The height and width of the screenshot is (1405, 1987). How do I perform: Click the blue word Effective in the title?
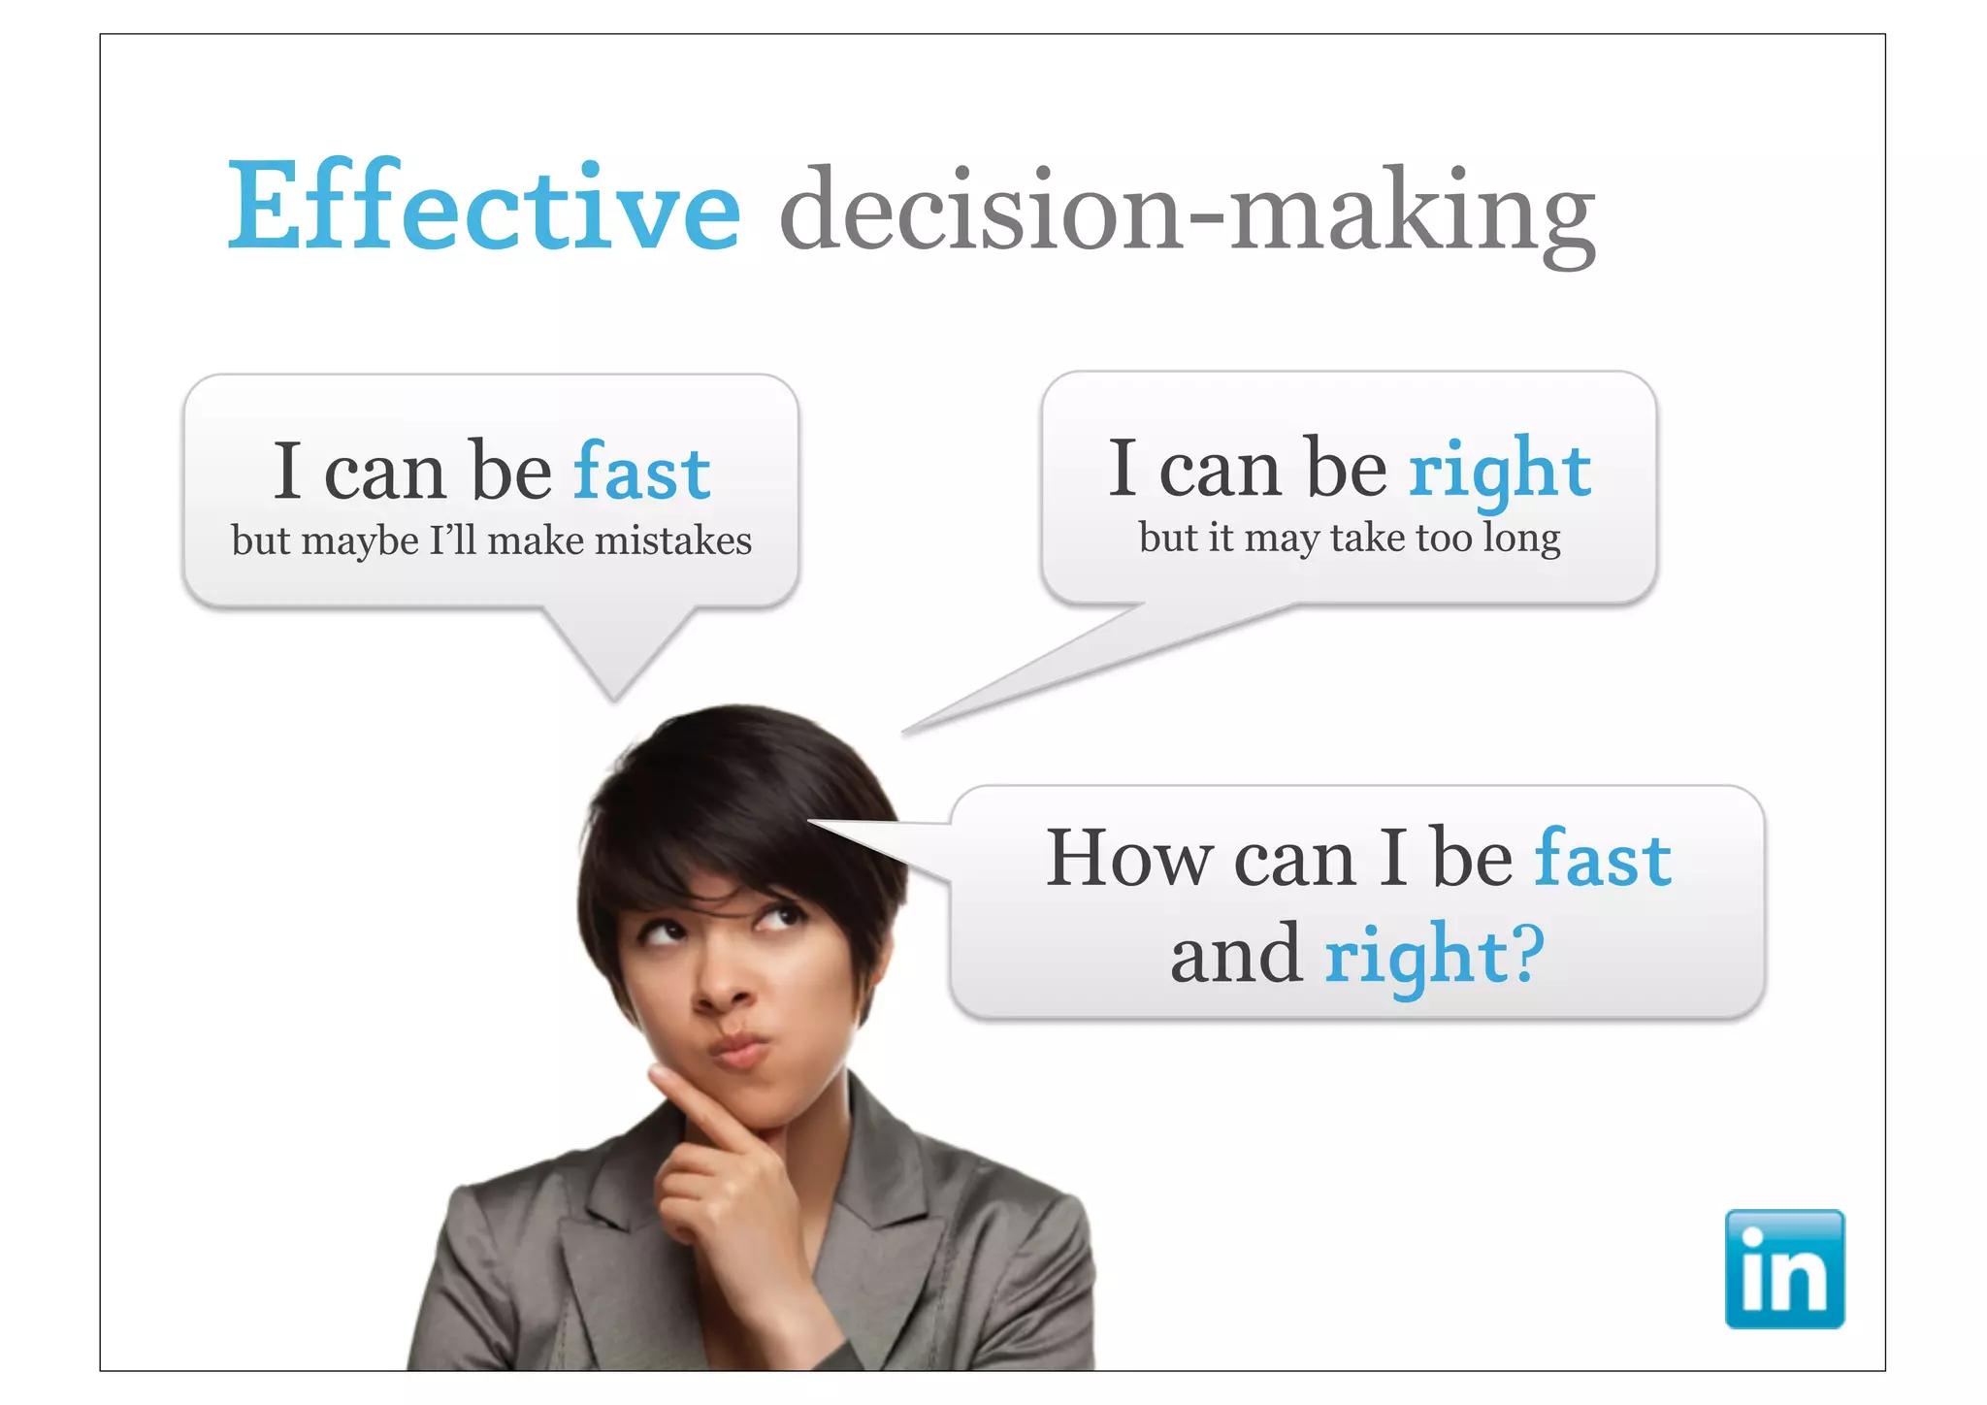pyautogui.click(x=483, y=207)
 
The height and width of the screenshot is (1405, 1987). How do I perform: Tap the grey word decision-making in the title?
pyautogui.click(x=1187, y=212)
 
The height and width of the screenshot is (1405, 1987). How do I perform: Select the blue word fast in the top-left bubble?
pyautogui.click(x=641, y=473)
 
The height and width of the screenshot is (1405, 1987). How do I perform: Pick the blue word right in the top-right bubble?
pyautogui.click(x=1499, y=471)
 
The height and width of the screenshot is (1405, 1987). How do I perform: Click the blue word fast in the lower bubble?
pyautogui.click(x=1603, y=858)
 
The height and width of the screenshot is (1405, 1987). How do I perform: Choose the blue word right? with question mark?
pyautogui.click(x=1434, y=955)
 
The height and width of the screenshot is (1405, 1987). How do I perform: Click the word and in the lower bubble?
pyautogui.click(x=1235, y=955)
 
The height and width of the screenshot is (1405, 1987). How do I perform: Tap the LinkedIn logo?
pyautogui.click(x=1783, y=1268)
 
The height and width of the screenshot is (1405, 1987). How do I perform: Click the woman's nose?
pyautogui.click(x=723, y=989)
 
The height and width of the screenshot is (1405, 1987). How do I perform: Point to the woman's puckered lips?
pyautogui.click(x=738, y=1050)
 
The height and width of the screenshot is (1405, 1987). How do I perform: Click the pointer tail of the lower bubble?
pyautogui.click(x=893, y=840)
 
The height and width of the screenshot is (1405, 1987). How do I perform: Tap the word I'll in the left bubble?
pyautogui.click(x=452, y=540)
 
